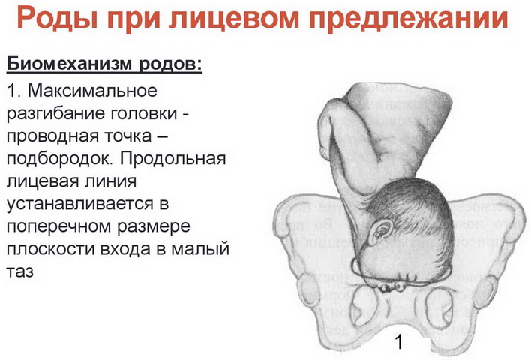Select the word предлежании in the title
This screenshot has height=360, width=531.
pos(409,18)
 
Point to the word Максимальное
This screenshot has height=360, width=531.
pos(92,91)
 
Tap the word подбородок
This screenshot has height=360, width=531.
pos(59,158)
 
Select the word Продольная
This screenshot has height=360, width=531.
pos(172,158)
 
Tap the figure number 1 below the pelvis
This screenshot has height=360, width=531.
pos(399,341)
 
